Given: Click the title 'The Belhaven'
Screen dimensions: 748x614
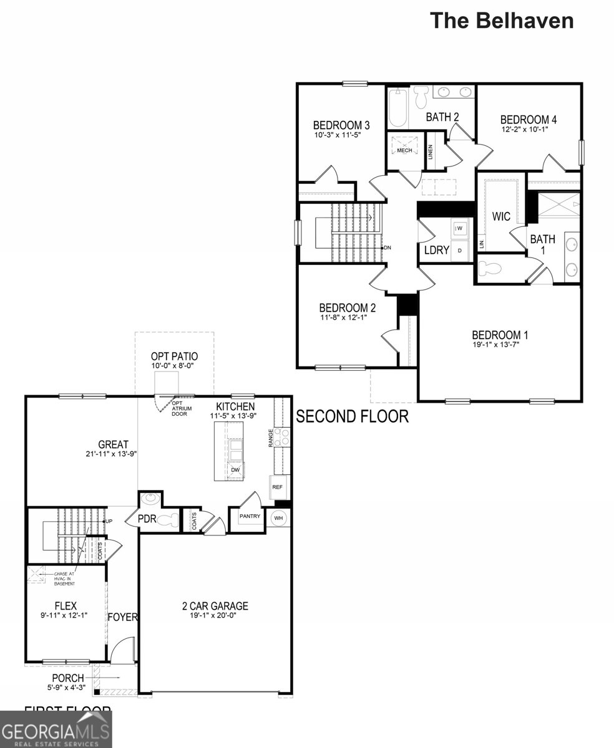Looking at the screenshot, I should (x=501, y=21).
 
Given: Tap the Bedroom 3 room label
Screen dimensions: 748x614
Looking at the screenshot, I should (x=338, y=124).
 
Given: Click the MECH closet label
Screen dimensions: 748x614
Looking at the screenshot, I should (x=404, y=150).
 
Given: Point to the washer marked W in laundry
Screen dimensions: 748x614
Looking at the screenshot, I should (x=460, y=229).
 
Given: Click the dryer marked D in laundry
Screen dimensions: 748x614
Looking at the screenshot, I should (x=460, y=250).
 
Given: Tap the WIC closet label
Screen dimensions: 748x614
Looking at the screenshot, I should (x=501, y=216).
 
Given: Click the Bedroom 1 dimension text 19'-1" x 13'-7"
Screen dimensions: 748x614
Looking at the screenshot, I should (x=500, y=345).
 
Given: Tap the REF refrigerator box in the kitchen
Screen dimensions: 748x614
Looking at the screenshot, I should (x=278, y=487).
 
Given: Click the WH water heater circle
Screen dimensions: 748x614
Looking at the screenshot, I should (x=278, y=519).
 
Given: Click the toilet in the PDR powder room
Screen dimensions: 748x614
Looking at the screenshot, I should (x=163, y=519).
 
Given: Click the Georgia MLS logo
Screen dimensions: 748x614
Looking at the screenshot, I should (x=56, y=730).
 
